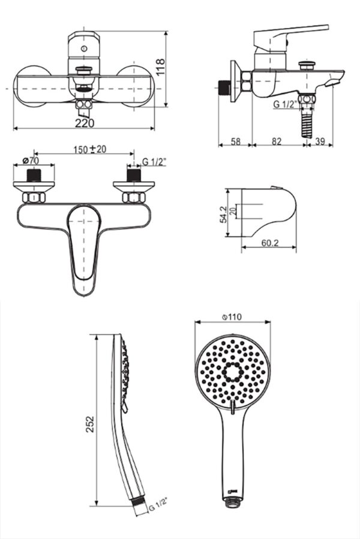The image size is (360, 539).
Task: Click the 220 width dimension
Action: pos(85,123)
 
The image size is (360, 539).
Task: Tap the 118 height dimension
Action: pos(160,67)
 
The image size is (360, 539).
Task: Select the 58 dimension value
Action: pos(235,141)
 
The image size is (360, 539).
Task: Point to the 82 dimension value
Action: pos(277,141)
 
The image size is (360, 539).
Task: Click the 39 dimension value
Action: pos(320,141)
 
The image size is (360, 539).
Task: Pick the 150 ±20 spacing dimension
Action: pos(90,149)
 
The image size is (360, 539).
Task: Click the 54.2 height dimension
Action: pos(223,215)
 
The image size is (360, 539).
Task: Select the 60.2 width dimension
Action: pos(270,243)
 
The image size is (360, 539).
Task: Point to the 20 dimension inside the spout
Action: pos(233,210)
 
